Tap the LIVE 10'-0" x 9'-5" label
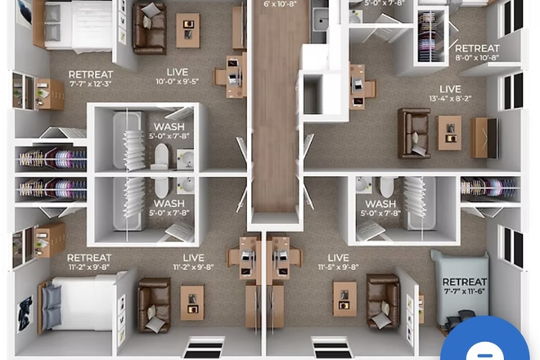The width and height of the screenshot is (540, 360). click(176, 77)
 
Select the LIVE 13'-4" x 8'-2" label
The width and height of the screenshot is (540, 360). click(449, 92)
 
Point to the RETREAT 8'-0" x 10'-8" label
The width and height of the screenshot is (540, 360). click(477, 53)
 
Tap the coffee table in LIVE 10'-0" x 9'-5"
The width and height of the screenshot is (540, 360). click(187, 30)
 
